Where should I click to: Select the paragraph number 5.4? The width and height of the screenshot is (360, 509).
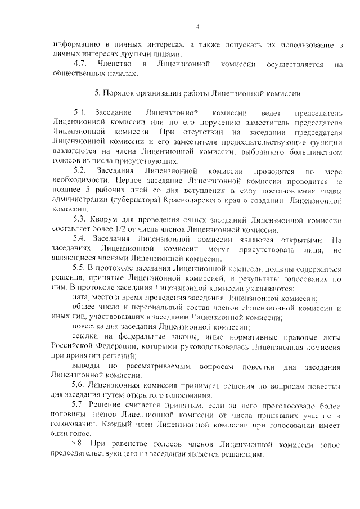click(x=79, y=240)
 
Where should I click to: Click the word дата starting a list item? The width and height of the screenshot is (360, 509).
click(x=82, y=298)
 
